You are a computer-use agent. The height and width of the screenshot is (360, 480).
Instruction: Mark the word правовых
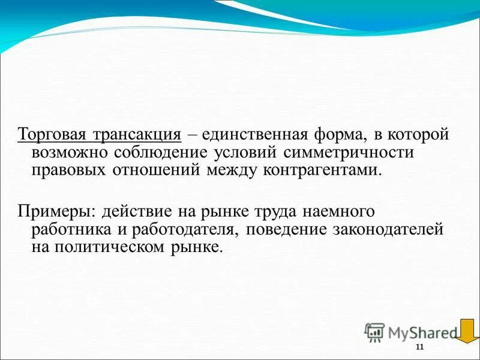[x=69, y=170]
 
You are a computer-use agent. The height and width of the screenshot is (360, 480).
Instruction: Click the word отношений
[x=156, y=170]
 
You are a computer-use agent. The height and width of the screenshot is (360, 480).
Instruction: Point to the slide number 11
[x=419, y=349]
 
